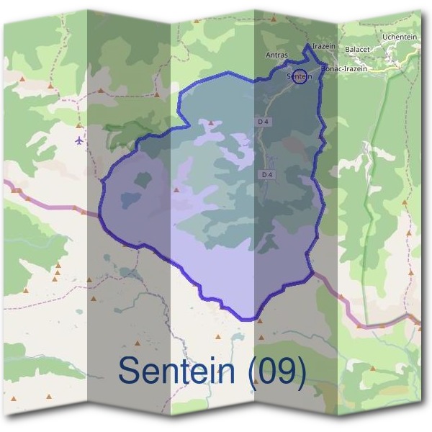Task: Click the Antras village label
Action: [276, 55]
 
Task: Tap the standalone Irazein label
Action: [325, 45]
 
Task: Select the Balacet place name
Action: [357, 49]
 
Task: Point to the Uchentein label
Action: [399, 36]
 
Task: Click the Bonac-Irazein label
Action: [344, 68]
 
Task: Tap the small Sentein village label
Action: [299, 76]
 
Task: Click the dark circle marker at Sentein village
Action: [300, 76]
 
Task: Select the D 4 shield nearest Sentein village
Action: [264, 122]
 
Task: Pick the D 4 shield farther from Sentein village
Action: [267, 174]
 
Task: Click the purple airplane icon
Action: [78, 139]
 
